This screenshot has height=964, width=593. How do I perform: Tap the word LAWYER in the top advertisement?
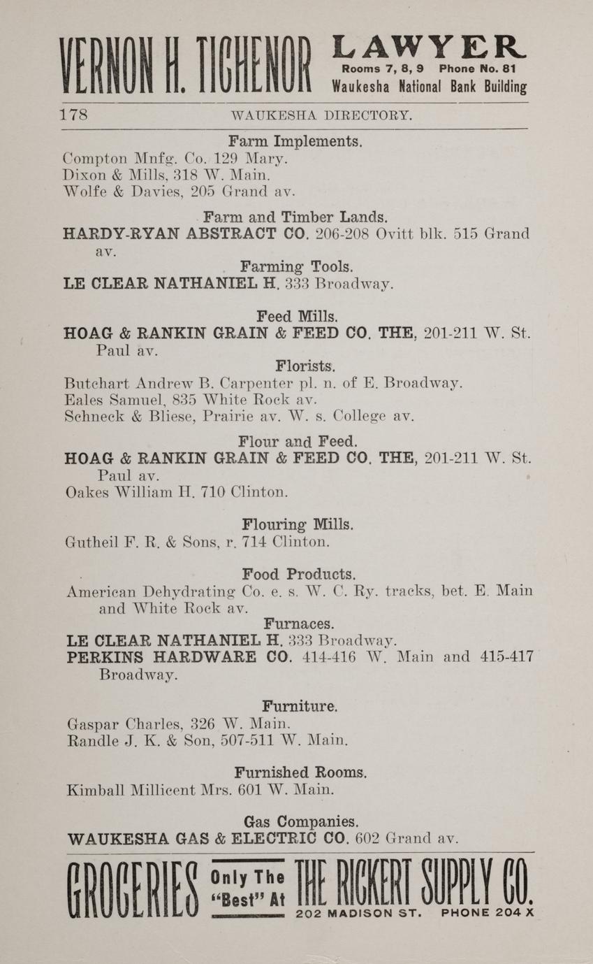coord(429,48)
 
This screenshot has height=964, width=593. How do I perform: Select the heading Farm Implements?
coord(295,141)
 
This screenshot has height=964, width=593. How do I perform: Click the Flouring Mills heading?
coord(298,524)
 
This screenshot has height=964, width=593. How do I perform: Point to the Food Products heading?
coord(299,574)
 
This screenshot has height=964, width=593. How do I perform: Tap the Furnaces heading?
coord(298,622)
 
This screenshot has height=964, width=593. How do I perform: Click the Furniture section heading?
coord(300,706)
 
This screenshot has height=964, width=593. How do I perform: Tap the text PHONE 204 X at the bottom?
coord(487,913)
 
